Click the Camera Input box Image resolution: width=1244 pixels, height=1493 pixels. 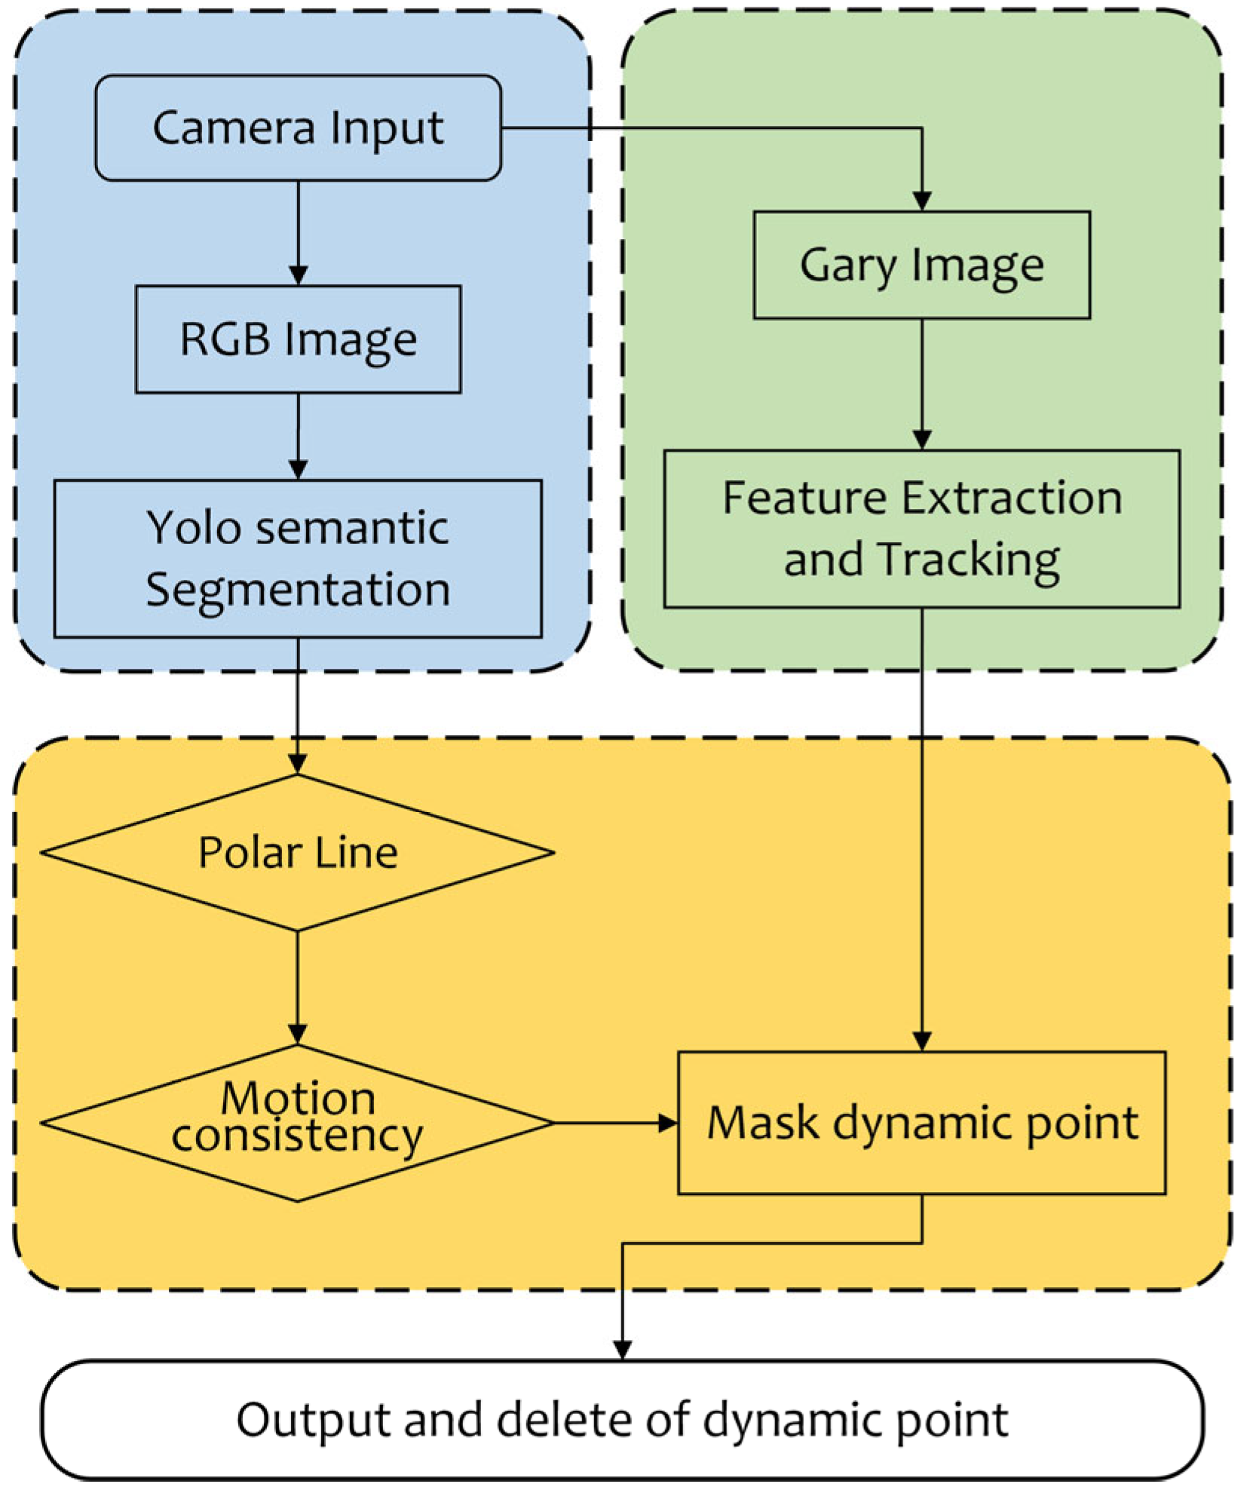click(x=298, y=127)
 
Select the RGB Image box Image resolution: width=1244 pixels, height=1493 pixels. click(x=298, y=339)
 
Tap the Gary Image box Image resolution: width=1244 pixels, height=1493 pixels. click(x=921, y=265)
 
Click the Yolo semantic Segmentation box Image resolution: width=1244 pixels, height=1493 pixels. click(x=298, y=558)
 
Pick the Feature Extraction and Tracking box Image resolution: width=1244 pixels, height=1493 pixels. click(x=921, y=529)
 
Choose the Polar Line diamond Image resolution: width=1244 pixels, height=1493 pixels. click(x=298, y=852)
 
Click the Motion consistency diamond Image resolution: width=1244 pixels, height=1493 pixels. click(x=298, y=1122)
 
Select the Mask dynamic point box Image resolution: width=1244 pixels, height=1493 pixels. click(x=921, y=1122)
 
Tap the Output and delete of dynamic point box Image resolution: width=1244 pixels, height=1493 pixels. click(x=622, y=1419)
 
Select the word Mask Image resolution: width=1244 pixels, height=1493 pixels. click(x=761, y=1122)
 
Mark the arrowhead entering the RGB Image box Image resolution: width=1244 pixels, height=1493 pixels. click(x=298, y=275)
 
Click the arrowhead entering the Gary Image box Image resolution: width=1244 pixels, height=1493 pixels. click(x=921, y=201)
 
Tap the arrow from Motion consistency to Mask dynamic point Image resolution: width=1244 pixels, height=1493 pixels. click(x=614, y=1123)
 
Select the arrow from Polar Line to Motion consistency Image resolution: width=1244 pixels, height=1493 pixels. click(x=298, y=988)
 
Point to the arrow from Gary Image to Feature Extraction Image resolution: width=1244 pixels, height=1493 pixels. click(x=921, y=385)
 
